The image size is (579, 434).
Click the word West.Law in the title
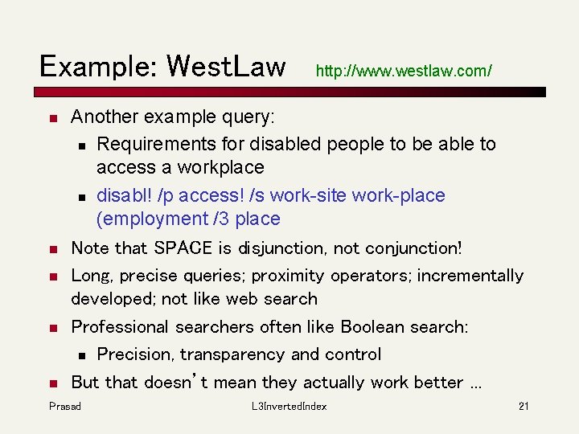(x=226, y=66)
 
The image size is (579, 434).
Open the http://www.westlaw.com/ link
(x=404, y=71)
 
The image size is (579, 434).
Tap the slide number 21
(x=524, y=406)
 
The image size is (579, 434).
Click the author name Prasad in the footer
(x=65, y=406)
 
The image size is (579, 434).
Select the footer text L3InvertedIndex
(x=289, y=406)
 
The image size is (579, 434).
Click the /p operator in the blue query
(x=167, y=195)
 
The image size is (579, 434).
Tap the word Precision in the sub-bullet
(x=135, y=354)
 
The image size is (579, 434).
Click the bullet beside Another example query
(x=51, y=118)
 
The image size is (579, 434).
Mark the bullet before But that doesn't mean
(x=51, y=383)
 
